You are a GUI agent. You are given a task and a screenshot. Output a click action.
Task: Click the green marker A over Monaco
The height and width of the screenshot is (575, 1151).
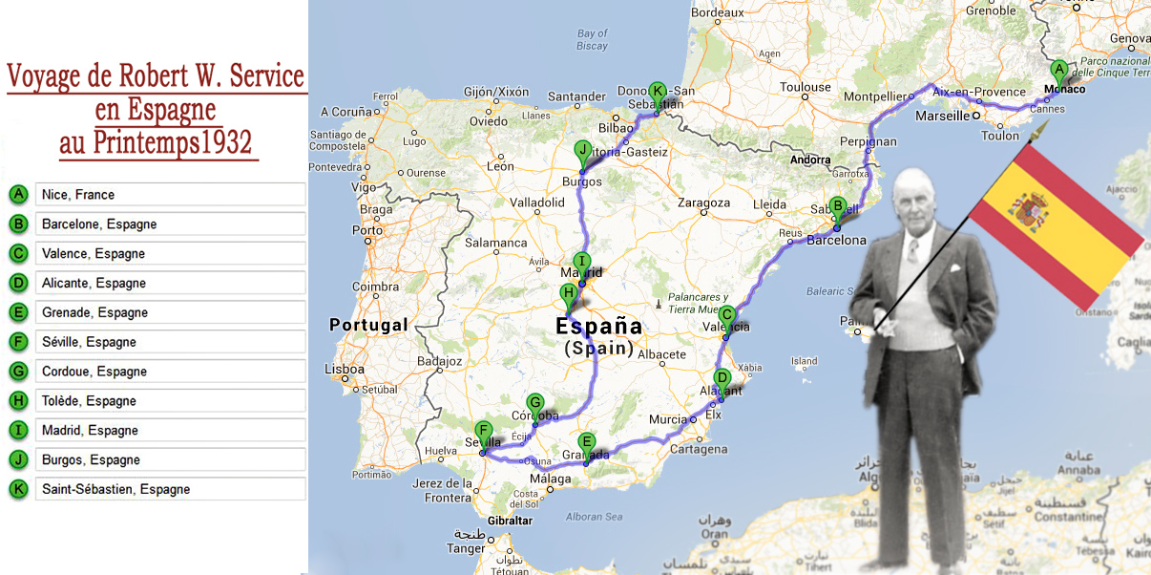click(1057, 70)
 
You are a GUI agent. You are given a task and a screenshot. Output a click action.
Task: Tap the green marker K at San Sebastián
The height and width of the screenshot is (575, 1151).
click(657, 92)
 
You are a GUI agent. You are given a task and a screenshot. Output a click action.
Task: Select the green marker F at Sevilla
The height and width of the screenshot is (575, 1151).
click(484, 431)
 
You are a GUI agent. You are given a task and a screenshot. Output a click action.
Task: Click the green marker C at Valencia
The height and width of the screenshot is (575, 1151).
click(726, 315)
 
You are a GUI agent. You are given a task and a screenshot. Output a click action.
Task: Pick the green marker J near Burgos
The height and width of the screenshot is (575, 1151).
click(582, 150)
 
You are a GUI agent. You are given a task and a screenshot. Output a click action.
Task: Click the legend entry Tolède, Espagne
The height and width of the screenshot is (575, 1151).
click(169, 401)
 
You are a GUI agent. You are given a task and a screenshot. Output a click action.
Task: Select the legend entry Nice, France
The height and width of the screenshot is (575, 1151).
click(169, 195)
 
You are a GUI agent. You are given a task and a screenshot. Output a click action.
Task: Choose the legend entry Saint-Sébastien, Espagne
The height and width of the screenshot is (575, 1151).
click(169, 490)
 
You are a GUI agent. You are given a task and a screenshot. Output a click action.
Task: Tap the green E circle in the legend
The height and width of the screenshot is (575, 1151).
click(18, 313)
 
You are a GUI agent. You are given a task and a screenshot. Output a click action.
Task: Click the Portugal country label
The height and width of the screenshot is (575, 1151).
click(367, 325)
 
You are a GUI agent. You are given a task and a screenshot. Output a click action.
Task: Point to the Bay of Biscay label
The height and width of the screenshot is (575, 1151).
click(592, 39)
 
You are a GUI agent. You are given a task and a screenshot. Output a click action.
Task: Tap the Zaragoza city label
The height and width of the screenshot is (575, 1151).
click(703, 203)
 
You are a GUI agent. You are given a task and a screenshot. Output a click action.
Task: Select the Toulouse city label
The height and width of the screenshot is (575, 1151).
click(806, 88)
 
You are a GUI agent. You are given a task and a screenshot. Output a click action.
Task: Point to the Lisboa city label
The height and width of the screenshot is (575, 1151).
click(345, 369)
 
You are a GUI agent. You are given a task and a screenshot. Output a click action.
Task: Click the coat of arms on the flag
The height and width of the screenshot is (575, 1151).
click(1030, 210)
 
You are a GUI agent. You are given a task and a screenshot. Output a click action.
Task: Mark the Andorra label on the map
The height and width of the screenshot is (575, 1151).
click(811, 160)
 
